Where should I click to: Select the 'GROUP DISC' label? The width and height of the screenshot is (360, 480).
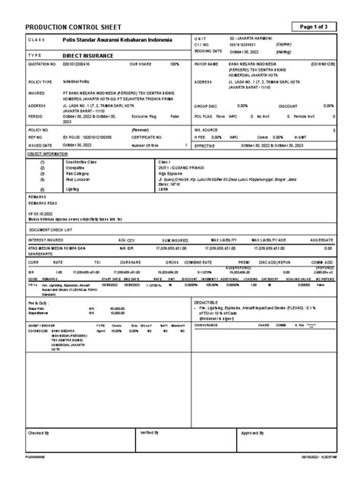[206, 106]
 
